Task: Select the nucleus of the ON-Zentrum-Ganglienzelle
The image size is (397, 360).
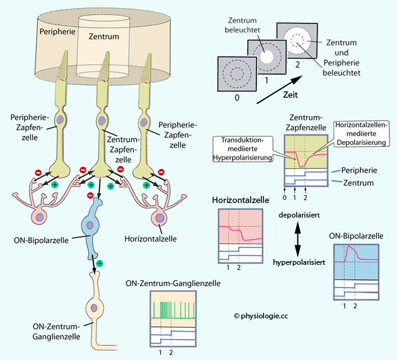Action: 95,309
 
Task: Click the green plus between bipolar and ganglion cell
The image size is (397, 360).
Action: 100,262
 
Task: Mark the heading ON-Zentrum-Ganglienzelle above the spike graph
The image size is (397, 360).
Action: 181,284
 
